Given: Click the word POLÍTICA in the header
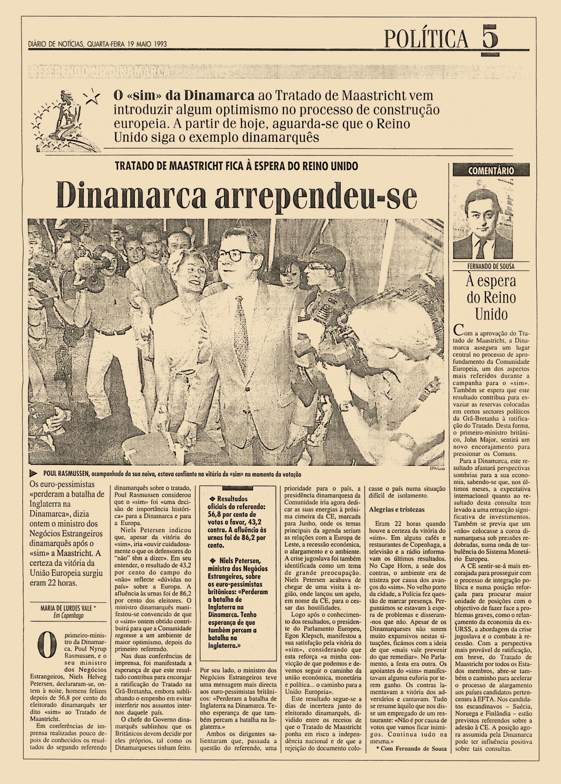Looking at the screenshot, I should (x=426, y=39).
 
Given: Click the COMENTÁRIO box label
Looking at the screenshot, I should (x=490, y=171).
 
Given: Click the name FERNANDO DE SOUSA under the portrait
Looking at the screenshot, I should (x=491, y=267).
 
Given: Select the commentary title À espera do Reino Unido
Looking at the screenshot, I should (x=491, y=298).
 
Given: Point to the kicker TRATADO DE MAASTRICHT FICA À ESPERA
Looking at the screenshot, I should (x=236, y=166).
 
